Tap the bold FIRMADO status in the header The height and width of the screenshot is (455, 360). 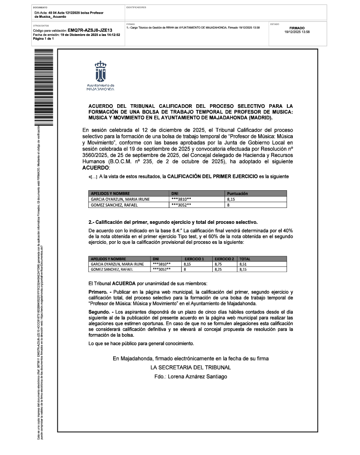297,28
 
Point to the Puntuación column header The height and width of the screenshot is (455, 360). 237,193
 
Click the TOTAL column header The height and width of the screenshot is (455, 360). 245,258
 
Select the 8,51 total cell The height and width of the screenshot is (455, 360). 243,264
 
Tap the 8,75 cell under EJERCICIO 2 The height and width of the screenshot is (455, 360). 218,264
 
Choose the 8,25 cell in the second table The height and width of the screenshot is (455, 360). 218,269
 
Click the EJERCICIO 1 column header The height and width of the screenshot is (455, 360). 194,258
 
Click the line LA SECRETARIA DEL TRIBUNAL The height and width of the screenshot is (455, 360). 191,367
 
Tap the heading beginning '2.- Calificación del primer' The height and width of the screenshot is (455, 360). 173,222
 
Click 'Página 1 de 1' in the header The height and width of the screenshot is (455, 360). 44,39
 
